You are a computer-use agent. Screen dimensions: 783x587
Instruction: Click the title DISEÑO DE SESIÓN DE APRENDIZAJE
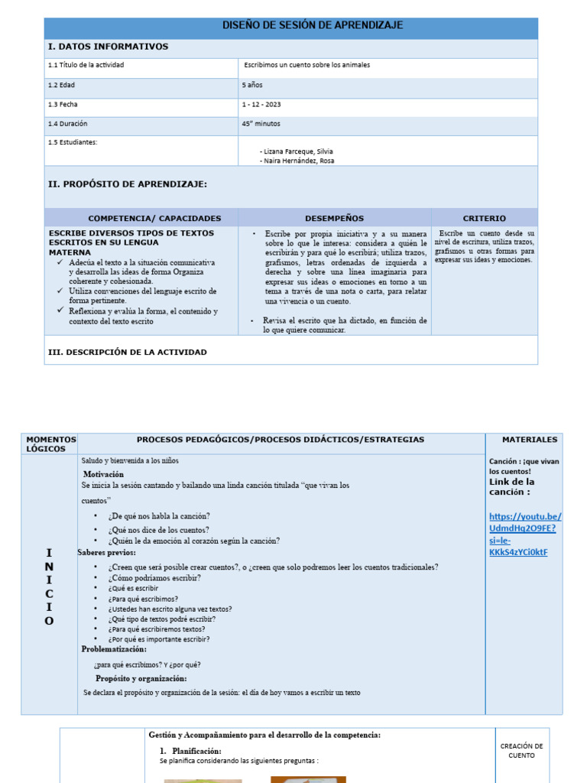(312, 26)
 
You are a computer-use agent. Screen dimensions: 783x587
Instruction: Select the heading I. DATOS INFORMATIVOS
(108, 47)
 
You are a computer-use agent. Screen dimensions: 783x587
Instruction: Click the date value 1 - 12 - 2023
(261, 105)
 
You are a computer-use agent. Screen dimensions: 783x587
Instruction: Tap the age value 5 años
(252, 85)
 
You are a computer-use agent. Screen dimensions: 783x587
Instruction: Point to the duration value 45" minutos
(261, 123)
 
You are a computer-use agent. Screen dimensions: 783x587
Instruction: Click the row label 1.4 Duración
(68, 123)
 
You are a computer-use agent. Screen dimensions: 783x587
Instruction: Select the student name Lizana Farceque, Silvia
(299, 151)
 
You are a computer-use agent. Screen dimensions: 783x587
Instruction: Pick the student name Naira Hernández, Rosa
(299, 161)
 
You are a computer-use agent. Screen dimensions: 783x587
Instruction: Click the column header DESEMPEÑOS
(334, 219)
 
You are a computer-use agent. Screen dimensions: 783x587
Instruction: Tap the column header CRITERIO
(484, 219)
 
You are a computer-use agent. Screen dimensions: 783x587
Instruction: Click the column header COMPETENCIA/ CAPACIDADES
(154, 219)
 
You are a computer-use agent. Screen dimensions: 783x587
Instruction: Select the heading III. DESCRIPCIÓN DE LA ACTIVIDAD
(127, 353)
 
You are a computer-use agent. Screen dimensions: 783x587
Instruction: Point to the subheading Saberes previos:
(106, 552)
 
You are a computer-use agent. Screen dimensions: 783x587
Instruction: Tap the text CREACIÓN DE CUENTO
(521, 750)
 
